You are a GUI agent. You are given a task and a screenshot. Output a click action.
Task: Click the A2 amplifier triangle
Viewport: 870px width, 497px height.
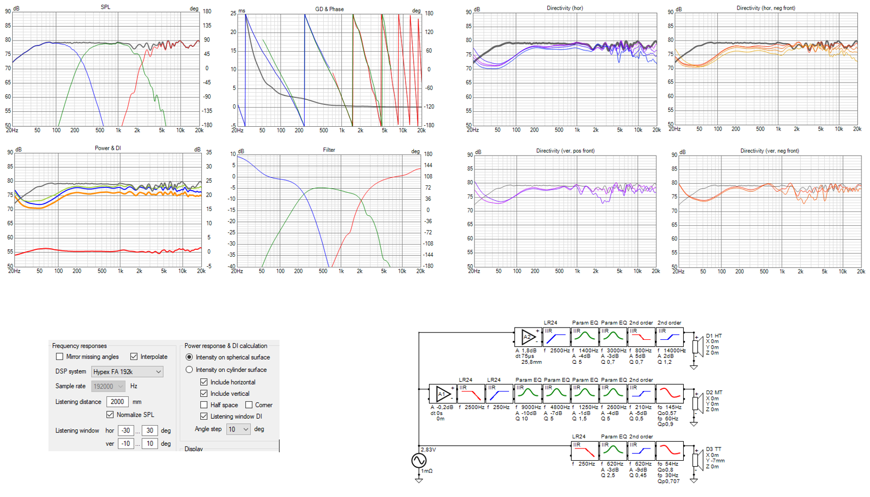(x=528, y=337)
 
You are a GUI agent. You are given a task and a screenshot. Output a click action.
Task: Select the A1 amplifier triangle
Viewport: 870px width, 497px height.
(x=442, y=394)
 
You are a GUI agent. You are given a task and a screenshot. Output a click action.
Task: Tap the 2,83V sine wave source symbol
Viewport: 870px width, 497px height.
(x=419, y=460)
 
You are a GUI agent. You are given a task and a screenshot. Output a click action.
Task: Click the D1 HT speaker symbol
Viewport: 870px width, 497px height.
(x=696, y=346)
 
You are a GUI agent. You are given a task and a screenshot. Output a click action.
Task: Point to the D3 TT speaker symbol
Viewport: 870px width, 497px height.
(x=696, y=460)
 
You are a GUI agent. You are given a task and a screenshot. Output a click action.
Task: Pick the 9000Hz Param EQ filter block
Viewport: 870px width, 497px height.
(x=528, y=394)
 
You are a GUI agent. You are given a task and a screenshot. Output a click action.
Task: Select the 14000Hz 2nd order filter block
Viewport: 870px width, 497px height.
(x=669, y=337)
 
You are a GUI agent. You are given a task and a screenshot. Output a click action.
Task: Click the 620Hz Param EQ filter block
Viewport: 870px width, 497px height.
(x=613, y=451)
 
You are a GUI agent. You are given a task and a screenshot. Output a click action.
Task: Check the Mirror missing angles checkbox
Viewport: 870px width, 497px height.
(x=60, y=356)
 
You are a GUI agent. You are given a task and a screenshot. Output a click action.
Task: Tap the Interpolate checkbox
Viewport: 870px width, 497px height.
(x=134, y=356)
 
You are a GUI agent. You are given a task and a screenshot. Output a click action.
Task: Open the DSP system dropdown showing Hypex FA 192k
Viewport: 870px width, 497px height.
(x=127, y=371)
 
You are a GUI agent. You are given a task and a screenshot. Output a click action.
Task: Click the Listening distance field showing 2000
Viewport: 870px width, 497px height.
(x=117, y=402)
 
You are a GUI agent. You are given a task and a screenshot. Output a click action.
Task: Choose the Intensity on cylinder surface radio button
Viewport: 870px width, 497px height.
(x=189, y=369)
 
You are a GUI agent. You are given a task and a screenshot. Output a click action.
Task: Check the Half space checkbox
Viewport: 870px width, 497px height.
(x=204, y=405)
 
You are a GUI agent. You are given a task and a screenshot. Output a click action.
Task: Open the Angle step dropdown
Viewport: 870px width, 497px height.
(x=238, y=429)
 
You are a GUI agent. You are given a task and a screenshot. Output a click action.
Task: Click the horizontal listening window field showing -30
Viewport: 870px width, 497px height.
(x=126, y=430)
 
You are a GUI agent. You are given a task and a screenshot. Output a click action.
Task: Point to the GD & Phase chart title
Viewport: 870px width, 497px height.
(x=329, y=9)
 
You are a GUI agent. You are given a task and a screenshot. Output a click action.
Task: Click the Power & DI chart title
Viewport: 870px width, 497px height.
(x=108, y=148)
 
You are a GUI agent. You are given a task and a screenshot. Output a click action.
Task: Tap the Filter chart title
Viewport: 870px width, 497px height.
(x=329, y=150)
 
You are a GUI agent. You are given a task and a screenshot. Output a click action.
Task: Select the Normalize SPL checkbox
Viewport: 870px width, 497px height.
(x=110, y=414)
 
